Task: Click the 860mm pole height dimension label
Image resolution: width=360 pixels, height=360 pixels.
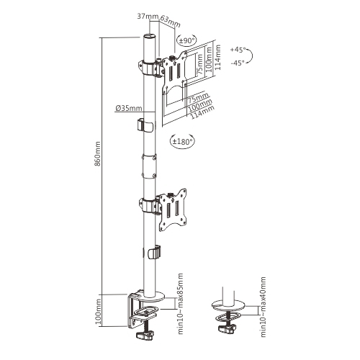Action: (x=97, y=154)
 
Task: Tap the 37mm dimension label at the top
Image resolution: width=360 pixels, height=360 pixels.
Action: (x=148, y=17)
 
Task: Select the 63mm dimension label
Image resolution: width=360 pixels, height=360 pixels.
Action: (x=170, y=21)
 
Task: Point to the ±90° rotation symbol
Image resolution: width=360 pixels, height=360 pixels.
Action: (x=186, y=40)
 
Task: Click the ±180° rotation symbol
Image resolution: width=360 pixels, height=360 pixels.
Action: (x=182, y=141)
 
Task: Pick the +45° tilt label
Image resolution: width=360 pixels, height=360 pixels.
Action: (x=238, y=50)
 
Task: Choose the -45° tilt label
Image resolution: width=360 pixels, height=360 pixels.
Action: (x=238, y=63)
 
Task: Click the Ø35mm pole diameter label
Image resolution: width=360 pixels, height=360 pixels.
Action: (x=129, y=109)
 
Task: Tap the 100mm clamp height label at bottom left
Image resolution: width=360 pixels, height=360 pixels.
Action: (x=98, y=311)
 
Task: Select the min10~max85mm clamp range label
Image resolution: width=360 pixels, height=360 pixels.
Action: (x=181, y=303)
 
